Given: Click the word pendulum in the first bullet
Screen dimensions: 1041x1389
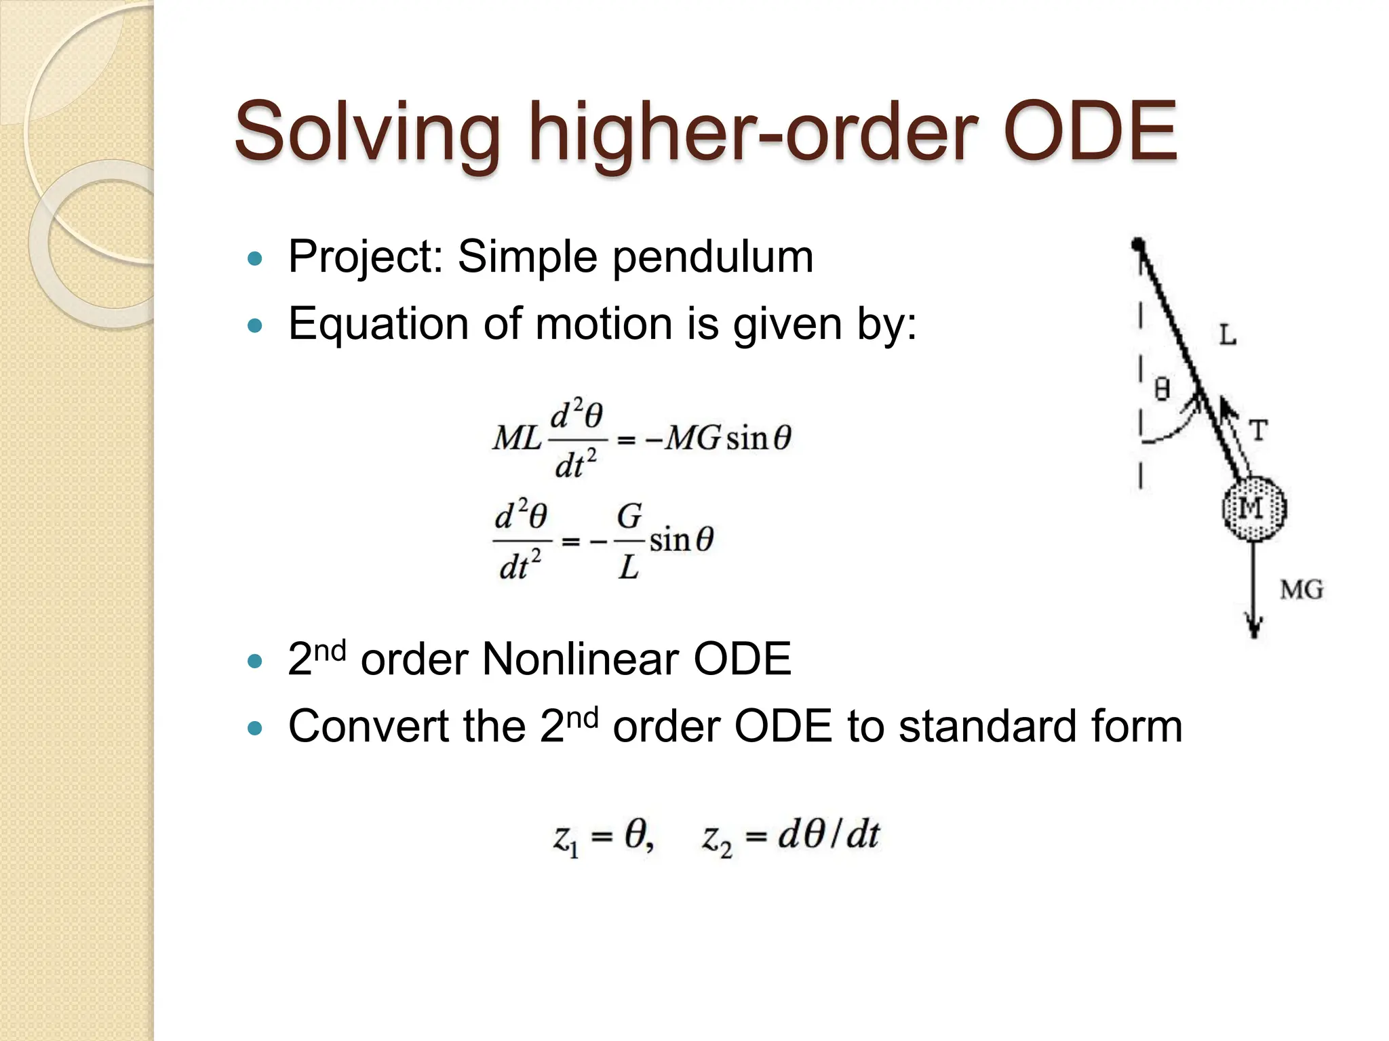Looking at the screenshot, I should pyautogui.click(x=713, y=258).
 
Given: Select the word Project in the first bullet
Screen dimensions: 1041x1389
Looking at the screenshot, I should pyautogui.click(x=366, y=258).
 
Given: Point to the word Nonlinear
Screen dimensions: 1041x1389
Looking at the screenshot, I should pyautogui.click(x=579, y=659).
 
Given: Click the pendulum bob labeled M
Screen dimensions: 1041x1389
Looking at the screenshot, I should pyautogui.click(x=1253, y=508).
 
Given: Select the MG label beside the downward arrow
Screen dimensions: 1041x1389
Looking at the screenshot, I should pyautogui.click(x=1301, y=590).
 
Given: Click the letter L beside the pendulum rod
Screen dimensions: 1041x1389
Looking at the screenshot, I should pyautogui.click(x=1228, y=335).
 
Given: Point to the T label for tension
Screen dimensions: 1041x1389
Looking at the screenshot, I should pyautogui.click(x=1258, y=430).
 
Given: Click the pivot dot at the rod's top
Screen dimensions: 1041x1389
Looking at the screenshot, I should pyautogui.click(x=1139, y=244).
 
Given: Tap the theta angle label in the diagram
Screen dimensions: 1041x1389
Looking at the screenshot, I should pyautogui.click(x=1162, y=389).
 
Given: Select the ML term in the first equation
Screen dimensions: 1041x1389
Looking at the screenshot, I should pyautogui.click(x=517, y=438).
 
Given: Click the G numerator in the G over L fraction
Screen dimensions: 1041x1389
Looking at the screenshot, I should pyautogui.click(x=629, y=516).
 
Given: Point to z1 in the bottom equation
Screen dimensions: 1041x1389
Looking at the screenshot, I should pyautogui.click(x=566, y=839).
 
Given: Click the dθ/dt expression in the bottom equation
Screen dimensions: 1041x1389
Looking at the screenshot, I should pyautogui.click(x=828, y=834).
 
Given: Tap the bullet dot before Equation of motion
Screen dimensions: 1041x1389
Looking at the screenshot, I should pyautogui.click(x=255, y=326).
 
